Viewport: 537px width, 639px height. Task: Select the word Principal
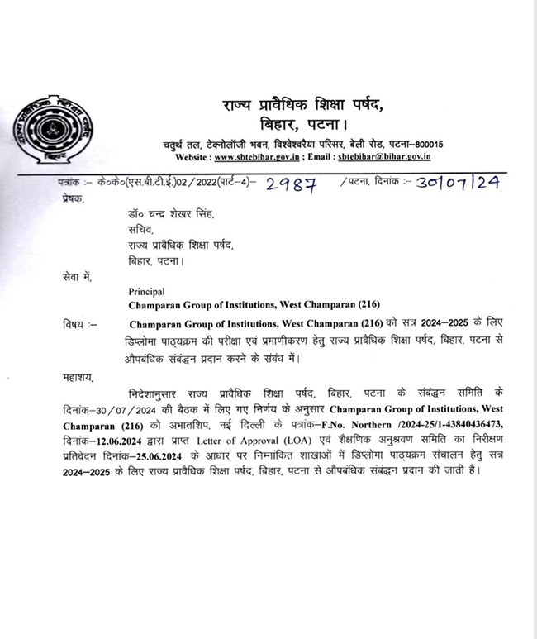[147, 291]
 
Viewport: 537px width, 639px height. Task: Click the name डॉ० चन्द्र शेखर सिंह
[165, 214]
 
